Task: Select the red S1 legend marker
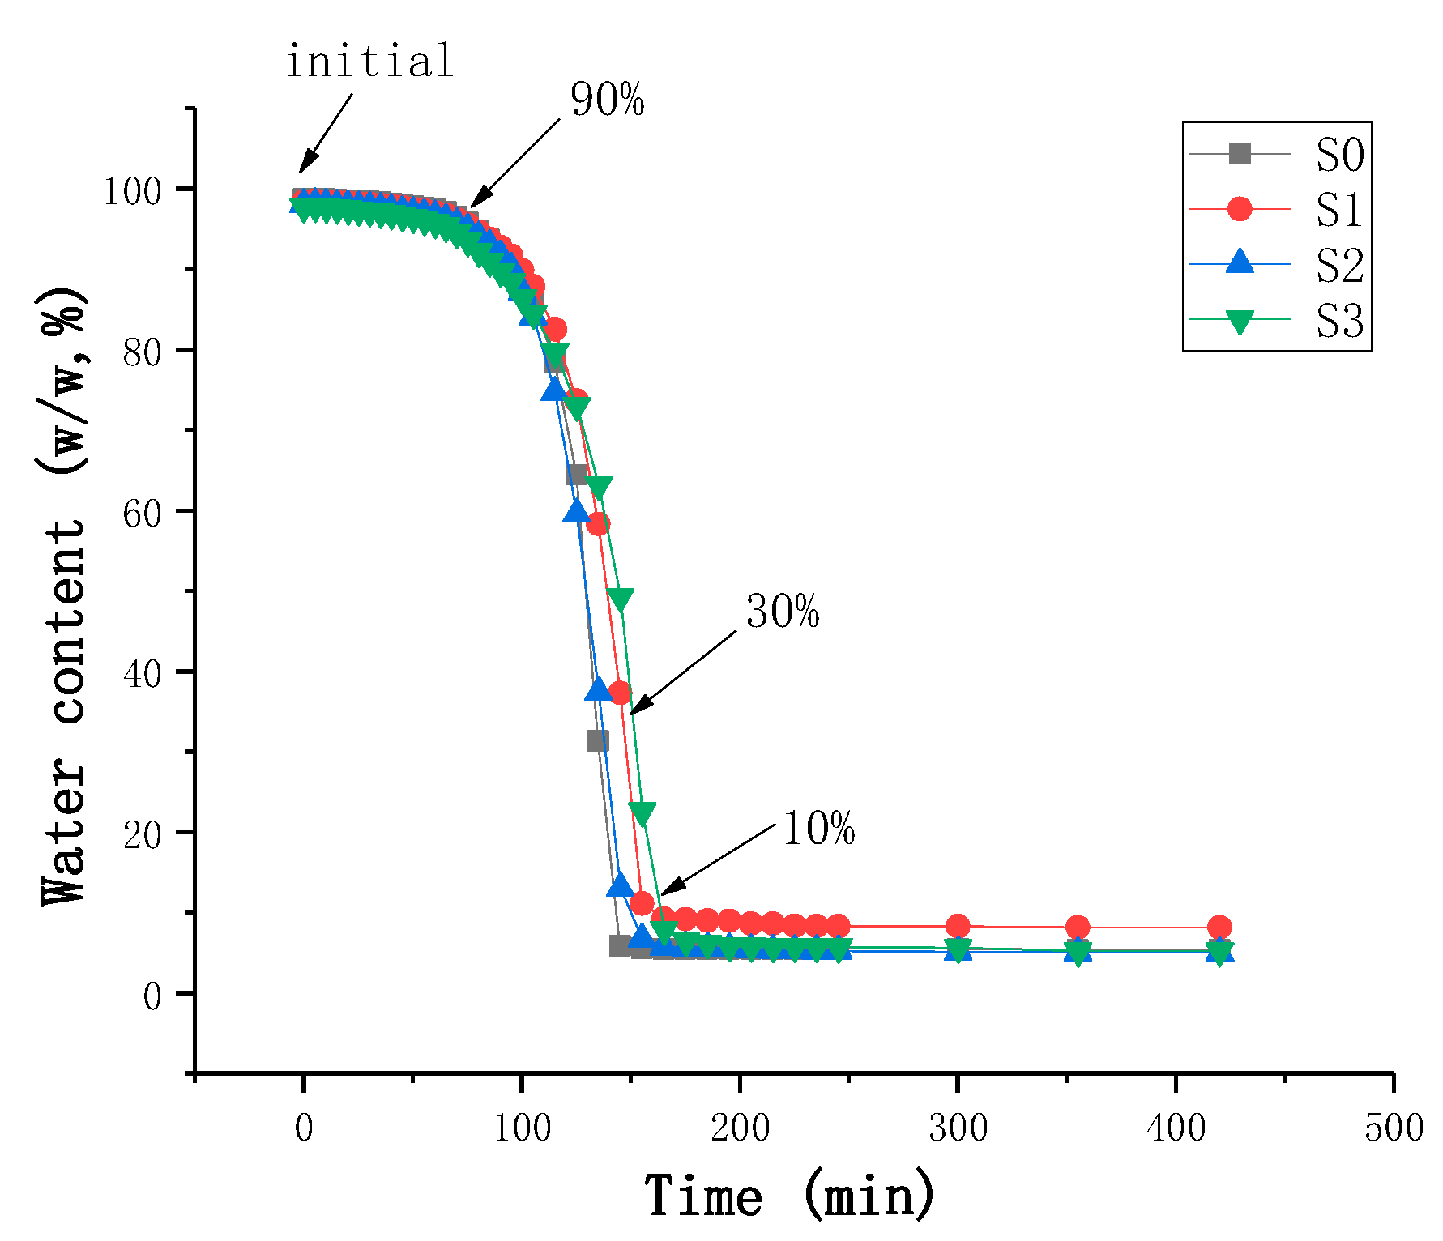click(x=1240, y=209)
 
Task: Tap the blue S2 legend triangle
click(x=1240, y=262)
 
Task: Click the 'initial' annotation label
click(x=369, y=62)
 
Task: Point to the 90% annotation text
click(x=607, y=100)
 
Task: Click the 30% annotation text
click(x=783, y=612)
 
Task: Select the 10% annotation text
click(x=818, y=829)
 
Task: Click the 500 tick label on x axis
click(x=1394, y=1128)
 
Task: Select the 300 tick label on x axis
click(x=958, y=1128)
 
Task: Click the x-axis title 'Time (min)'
click(x=790, y=1196)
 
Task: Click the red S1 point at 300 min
click(x=958, y=926)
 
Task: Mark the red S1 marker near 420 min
click(x=1219, y=928)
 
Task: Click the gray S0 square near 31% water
click(x=598, y=740)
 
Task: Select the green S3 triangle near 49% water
click(x=621, y=599)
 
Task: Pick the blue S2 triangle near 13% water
click(x=620, y=885)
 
